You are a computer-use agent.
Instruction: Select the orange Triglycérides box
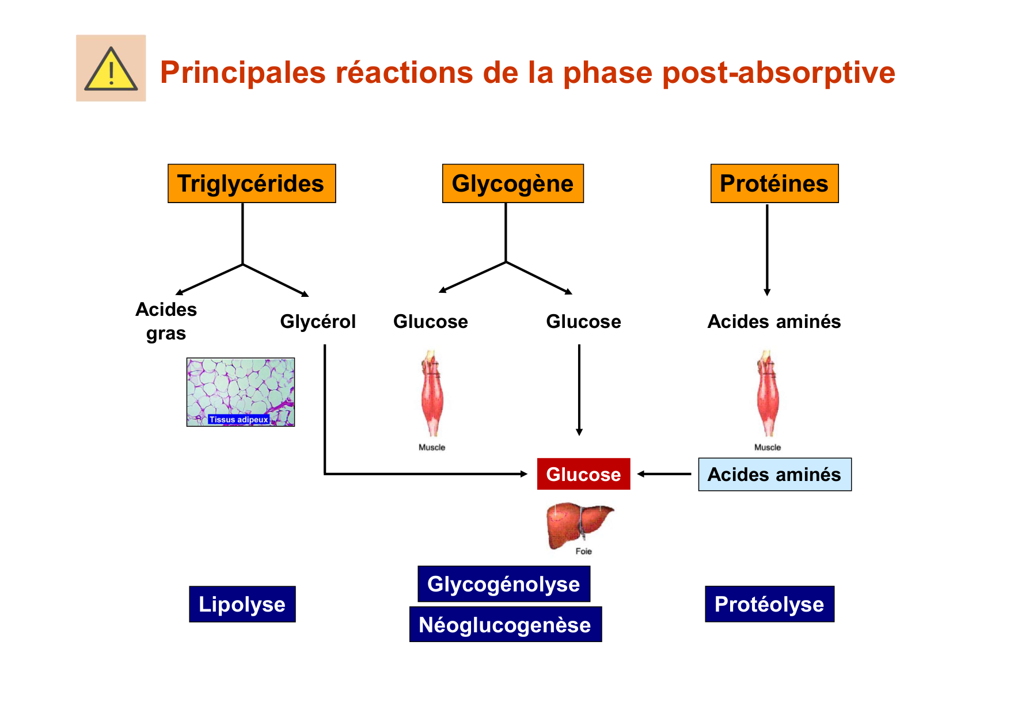(x=251, y=184)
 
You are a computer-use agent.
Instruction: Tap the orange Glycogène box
(x=512, y=184)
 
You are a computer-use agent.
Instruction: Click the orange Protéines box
(x=774, y=184)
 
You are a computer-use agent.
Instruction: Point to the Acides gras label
(x=166, y=322)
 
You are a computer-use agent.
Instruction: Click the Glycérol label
(x=318, y=322)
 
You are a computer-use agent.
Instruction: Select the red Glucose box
(x=583, y=474)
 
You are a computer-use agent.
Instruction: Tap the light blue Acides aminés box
(x=774, y=475)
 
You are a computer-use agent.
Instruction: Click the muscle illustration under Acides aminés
(x=767, y=394)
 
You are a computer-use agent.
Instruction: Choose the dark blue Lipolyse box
(x=242, y=604)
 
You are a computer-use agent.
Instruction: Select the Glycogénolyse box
(x=504, y=584)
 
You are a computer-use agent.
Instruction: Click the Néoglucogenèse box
(x=505, y=625)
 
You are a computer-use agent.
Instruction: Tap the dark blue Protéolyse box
(x=769, y=604)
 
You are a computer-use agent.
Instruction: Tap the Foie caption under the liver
(x=583, y=551)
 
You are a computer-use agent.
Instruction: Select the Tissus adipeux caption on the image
(x=238, y=419)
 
